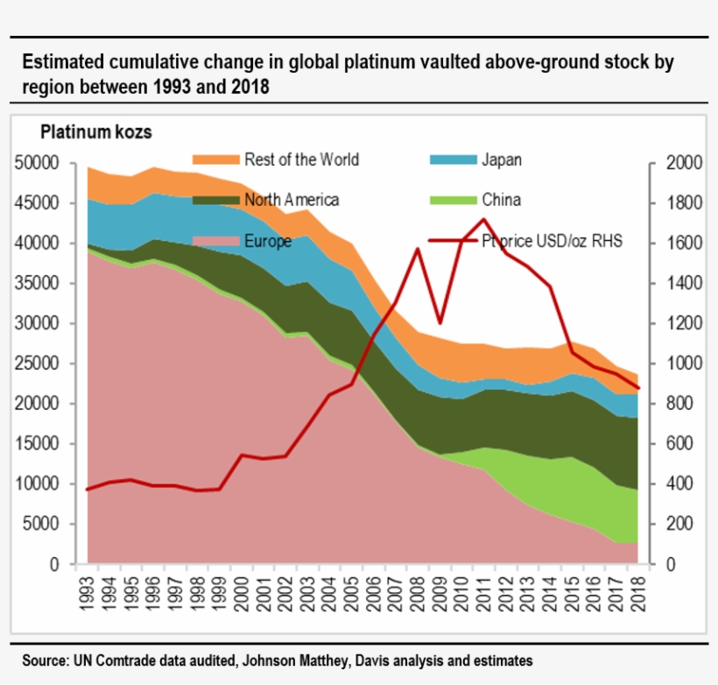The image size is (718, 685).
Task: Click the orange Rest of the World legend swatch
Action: coord(215,159)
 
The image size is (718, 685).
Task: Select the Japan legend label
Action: coord(501,159)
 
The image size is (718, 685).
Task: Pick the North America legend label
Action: coord(292,200)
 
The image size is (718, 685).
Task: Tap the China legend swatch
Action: coord(453,200)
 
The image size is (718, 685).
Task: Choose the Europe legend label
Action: coord(268,241)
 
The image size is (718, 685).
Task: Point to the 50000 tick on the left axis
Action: coord(37,163)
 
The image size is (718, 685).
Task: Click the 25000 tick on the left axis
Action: coord(37,364)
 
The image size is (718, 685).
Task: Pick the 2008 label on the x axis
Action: coord(419,590)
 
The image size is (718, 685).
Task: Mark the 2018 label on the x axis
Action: coord(638,590)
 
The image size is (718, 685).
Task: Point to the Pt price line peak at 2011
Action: coord(484,219)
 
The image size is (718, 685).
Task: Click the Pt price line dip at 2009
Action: coord(440,322)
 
